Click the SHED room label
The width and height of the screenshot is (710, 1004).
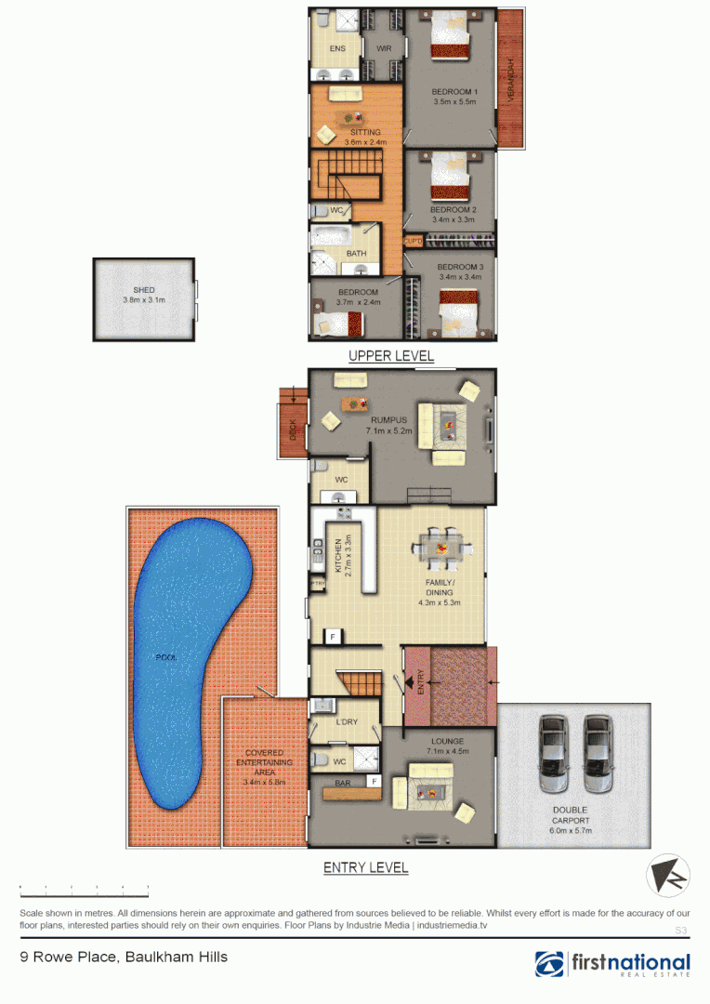(x=143, y=290)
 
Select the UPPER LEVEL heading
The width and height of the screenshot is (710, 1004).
(x=391, y=356)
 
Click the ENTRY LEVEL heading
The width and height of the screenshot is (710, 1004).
(x=365, y=868)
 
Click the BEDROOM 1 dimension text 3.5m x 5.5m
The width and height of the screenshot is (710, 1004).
(x=454, y=102)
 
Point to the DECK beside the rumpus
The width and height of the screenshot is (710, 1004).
(x=292, y=430)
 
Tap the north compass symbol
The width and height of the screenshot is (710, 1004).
(x=668, y=876)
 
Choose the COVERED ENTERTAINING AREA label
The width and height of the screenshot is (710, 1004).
(x=265, y=762)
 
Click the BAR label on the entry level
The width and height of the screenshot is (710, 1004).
(x=342, y=784)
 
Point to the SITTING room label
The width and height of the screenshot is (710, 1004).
(x=362, y=133)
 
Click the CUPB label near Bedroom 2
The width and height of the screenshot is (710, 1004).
(x=413, y=241)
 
